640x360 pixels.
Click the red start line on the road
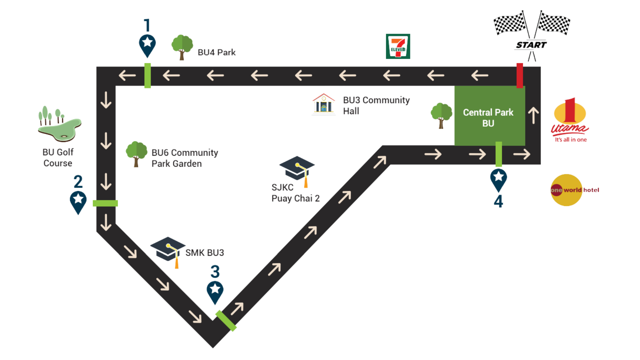(519, 75)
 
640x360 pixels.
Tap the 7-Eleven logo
(398, 46)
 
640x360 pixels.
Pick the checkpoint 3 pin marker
(215, 291)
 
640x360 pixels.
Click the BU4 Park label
(217, 52)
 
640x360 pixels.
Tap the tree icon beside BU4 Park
(182, 47)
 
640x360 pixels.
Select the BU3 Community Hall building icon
(324, 104)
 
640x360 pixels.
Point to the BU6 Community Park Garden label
(184, 158)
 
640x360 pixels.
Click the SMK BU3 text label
(204, 253)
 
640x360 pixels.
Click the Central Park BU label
(488, 117)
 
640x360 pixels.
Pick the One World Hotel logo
(570, 190)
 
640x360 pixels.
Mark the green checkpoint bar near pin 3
(226, 321)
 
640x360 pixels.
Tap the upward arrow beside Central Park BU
(533, 115)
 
